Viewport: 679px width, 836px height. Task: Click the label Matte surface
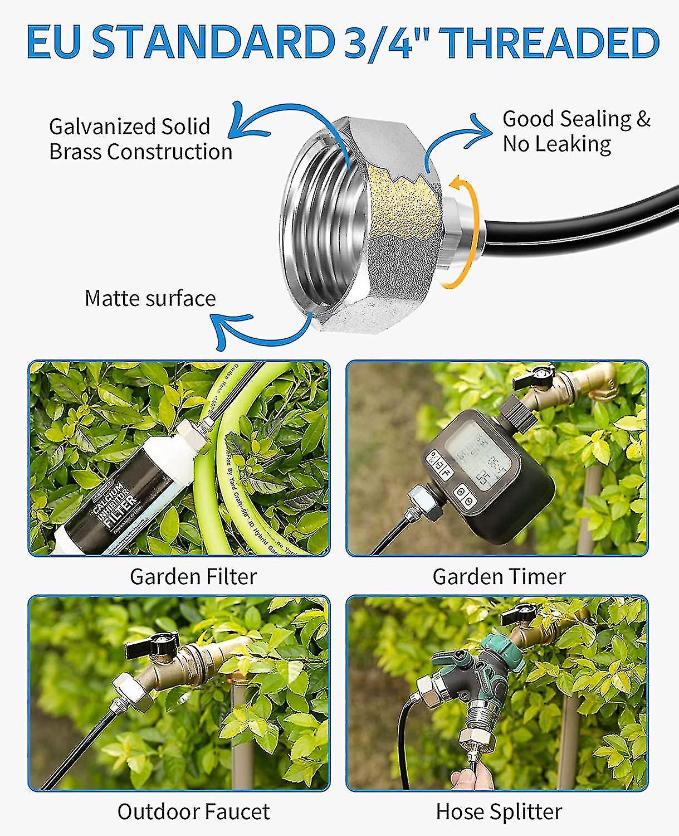click(150, 298)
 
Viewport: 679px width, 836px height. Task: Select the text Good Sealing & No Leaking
click(576, 132)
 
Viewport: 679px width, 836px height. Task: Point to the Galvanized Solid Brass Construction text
click(140, 139)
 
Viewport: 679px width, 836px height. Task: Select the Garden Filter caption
click(193, 576)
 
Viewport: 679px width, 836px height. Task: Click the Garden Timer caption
click(499, 576)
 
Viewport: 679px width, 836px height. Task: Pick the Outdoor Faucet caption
click(193, 811)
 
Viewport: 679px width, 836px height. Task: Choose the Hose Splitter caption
click(499, 811)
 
